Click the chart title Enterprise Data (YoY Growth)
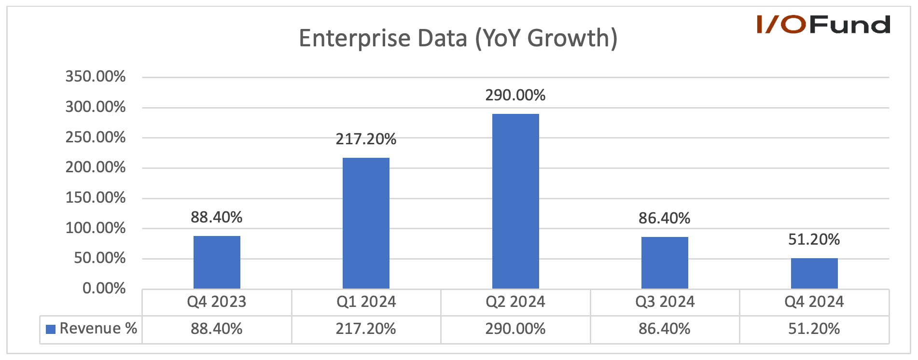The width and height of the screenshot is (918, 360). [458, 38]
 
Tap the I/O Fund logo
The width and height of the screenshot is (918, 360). [823, 25]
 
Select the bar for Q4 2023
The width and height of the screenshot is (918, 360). [217, 262]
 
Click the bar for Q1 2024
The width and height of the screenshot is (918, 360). [366, 223]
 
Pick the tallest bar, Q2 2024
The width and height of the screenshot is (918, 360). [515, 201]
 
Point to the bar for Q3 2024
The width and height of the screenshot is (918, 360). [665, 263]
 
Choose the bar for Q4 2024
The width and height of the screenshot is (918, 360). [814, 273]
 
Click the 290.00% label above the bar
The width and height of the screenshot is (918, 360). [515, 95]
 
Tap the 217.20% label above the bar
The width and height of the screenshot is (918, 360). [366, 139]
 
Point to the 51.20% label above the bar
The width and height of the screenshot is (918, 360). [814, 239]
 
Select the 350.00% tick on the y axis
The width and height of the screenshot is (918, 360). [96, 76]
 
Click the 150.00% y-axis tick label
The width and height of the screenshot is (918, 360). [96, 197]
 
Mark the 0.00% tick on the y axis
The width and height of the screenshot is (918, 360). [104, 288]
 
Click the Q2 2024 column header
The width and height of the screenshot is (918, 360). [515, 302]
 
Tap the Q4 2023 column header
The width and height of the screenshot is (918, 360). [217, 302]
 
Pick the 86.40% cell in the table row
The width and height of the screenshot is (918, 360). [665, 329]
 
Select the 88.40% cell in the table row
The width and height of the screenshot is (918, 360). [217, 329]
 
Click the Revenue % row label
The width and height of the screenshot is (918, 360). [98, 328]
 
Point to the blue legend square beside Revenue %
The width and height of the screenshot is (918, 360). [51, 329]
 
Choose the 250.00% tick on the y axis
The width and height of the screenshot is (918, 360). [96, 137]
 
